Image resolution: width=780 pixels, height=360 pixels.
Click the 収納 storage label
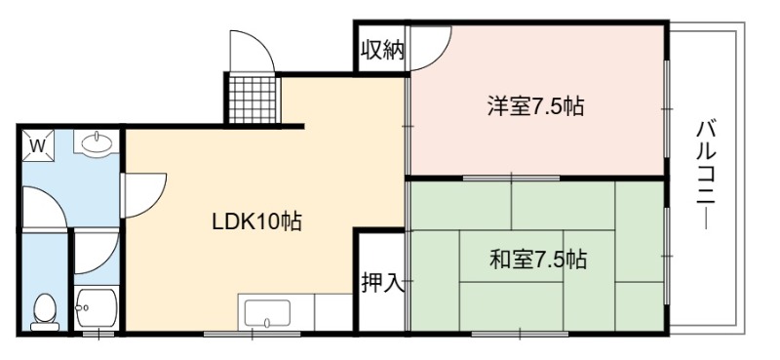point(382,50)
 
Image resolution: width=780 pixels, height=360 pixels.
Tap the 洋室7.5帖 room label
point(535,106)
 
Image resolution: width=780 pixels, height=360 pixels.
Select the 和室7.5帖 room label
point(538,260)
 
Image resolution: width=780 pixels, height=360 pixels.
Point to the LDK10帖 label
point(256,222)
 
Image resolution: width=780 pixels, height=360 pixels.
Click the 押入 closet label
point(382,283)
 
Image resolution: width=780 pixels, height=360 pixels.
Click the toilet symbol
point(45,312)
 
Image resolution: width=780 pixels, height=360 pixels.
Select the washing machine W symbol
point(38,146)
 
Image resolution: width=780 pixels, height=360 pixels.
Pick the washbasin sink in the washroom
point(97,142)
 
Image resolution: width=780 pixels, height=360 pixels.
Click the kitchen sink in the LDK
point(267,313)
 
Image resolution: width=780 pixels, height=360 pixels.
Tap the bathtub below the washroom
point(97,307)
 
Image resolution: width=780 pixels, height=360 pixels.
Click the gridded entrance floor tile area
point(253,100)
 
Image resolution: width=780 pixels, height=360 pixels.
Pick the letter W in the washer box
point(38,146)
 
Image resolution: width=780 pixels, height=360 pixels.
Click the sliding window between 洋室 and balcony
point(667,108)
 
